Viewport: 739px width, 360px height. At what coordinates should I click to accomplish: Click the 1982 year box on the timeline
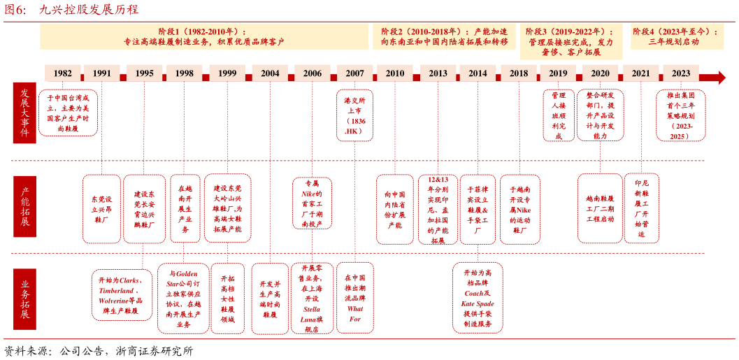point(62,73)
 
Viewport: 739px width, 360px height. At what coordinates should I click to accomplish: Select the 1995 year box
point(144,73)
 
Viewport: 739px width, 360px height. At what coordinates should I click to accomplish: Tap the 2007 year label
point(354,73)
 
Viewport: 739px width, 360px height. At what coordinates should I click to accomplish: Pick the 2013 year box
point(438,73)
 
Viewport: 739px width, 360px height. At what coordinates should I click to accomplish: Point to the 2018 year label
point(518,73)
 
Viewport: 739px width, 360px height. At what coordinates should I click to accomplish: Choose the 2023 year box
point(680,73)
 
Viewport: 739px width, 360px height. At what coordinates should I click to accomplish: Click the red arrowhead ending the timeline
point(719,77)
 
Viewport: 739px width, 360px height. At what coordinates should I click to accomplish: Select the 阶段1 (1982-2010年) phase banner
point(204,36)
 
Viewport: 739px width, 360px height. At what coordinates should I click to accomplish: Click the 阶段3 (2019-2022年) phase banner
point(571,41)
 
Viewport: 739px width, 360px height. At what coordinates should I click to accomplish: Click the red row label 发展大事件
point(24,113)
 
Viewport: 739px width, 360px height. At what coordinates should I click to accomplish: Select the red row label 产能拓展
point(24,207)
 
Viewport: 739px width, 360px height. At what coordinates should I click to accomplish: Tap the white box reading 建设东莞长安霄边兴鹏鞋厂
point(144,208)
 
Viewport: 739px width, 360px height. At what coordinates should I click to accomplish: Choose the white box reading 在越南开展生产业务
point(185,208)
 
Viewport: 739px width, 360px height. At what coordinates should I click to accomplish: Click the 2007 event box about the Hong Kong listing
point(354,115)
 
